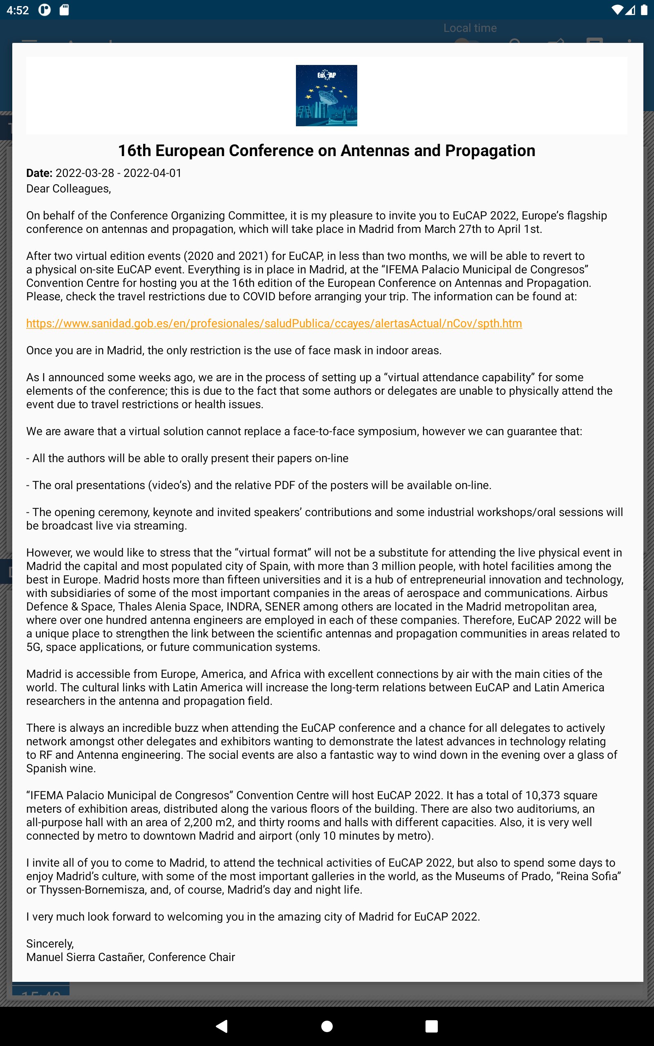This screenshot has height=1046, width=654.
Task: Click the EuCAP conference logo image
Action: tap(326, 96)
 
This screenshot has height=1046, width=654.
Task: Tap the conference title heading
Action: tap(327, 150)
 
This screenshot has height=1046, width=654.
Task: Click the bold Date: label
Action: tap(39, 173)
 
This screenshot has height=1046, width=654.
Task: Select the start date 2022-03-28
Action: tap(85, 173)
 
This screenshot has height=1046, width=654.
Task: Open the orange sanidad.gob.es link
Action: tap(274, 323)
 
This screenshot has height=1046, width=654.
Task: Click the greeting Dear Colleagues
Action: tap(68, 188)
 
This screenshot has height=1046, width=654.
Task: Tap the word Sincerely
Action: tap(50, 943)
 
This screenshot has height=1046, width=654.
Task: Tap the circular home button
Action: tap(327, 1026)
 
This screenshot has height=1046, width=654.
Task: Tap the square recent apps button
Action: tap(431, 1026)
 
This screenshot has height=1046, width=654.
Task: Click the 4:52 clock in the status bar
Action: tap(18, 10)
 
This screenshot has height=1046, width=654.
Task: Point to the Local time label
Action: tap(470, 28)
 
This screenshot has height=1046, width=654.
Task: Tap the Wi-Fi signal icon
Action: tap(617, 10)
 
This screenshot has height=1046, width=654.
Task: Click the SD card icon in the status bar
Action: tap(64, 10)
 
